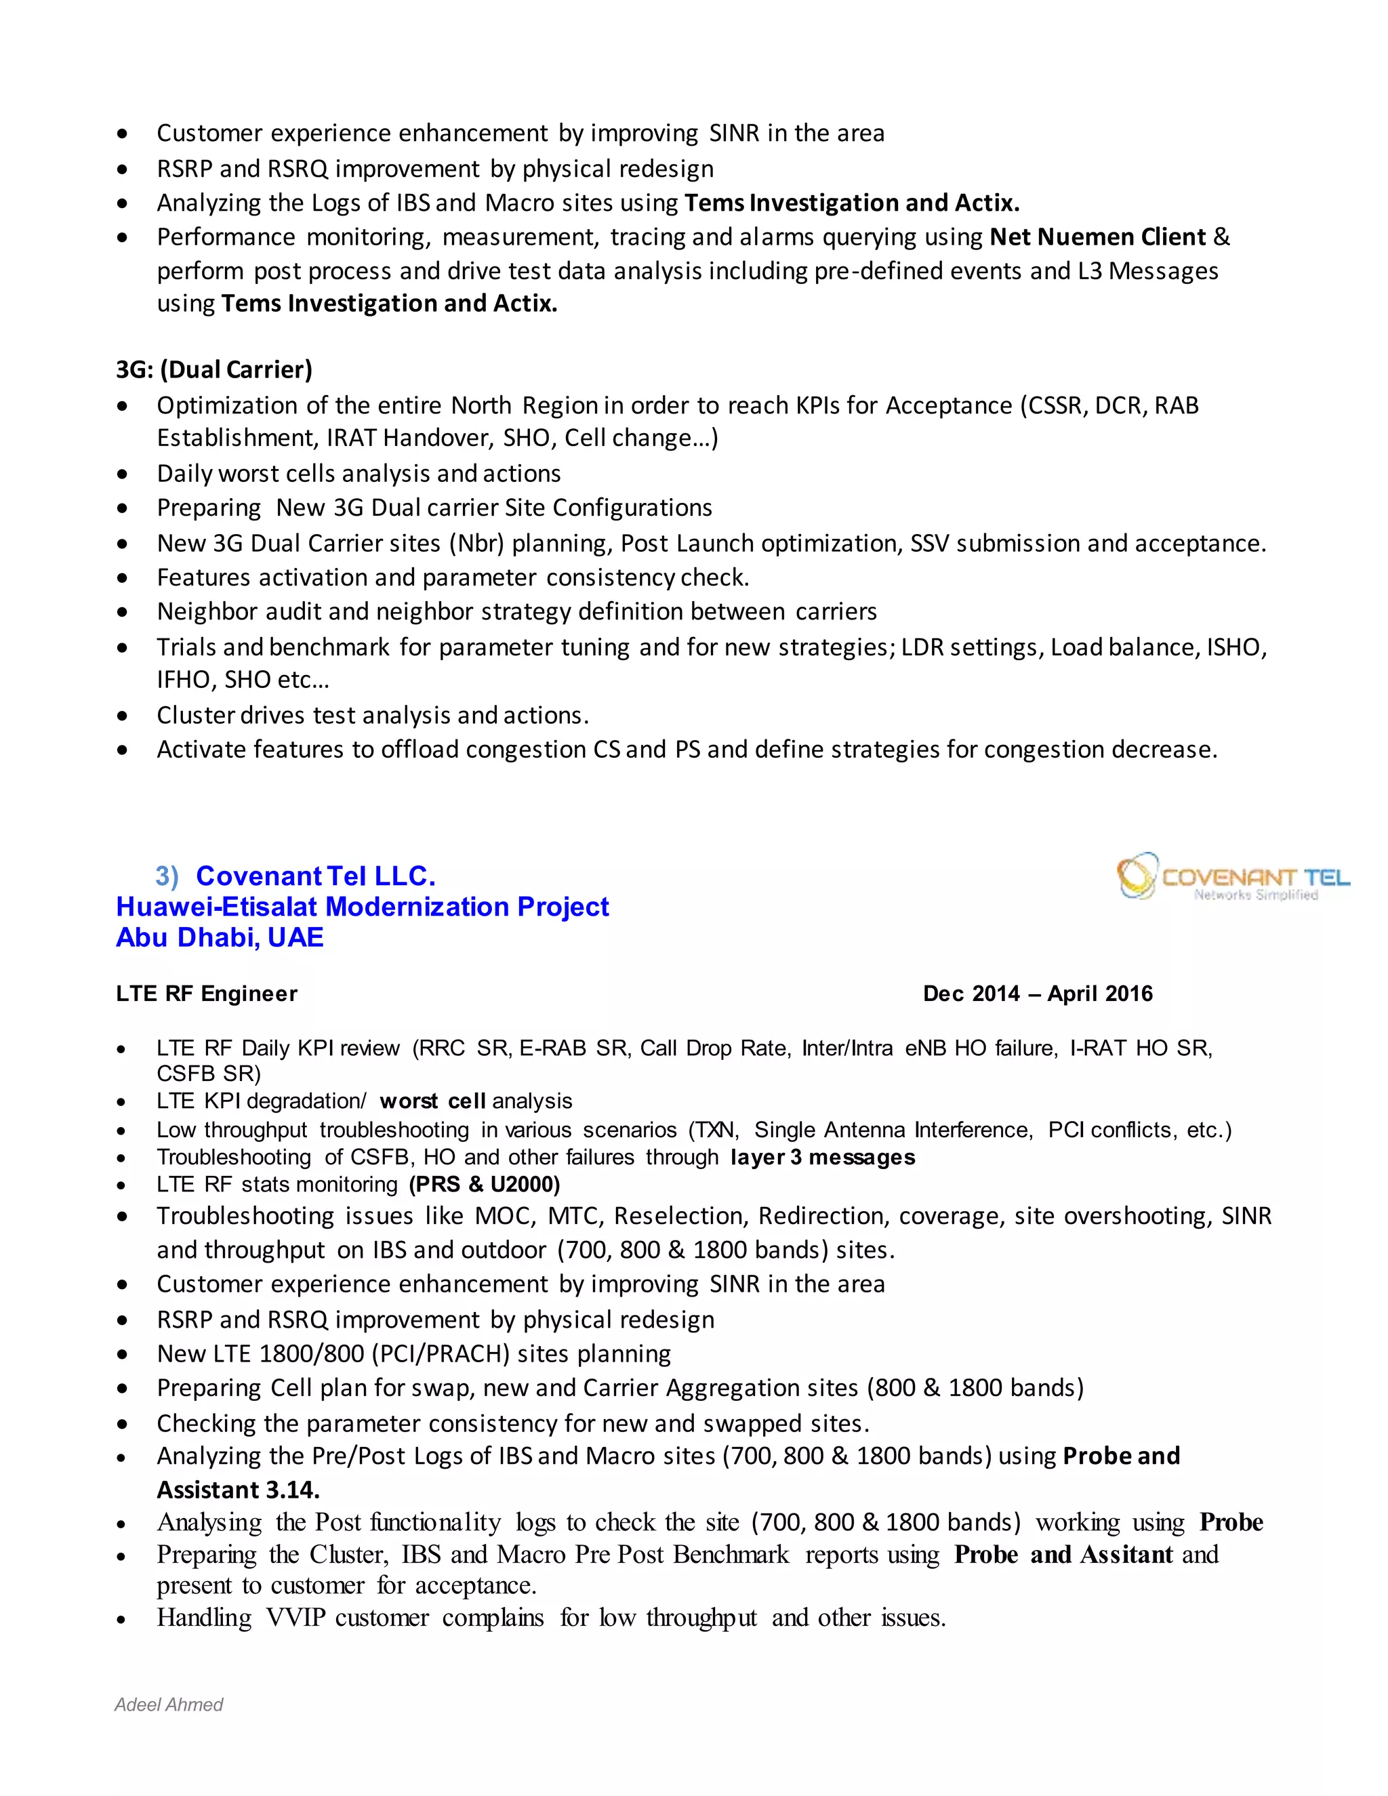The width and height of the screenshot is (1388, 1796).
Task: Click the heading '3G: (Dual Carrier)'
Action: [x=213, y=370]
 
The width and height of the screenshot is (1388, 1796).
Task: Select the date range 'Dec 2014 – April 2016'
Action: [x=1037, y=994]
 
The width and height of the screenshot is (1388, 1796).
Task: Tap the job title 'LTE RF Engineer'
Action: [x=207, y=994]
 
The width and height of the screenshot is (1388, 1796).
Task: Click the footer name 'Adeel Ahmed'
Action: [x=169, y=1705]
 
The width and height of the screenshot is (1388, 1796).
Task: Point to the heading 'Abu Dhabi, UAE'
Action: [x=220, y=937]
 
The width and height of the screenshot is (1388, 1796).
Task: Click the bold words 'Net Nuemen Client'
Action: [x=1097, y=237]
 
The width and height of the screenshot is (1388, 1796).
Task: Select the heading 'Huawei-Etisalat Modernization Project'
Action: [x=362, y=906]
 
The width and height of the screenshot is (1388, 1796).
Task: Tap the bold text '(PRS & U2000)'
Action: [x=485, y=1184]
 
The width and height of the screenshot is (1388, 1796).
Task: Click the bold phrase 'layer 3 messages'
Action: [x=822, y=1157]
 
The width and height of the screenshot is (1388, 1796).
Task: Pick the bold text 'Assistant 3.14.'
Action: [x=239, y=1490]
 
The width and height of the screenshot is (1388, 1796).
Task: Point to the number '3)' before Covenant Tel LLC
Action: [x=167, y=876]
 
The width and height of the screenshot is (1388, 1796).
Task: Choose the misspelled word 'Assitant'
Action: [x=1126, y=1554]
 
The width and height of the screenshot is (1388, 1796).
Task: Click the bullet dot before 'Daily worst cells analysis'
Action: [x=123, y=474]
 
